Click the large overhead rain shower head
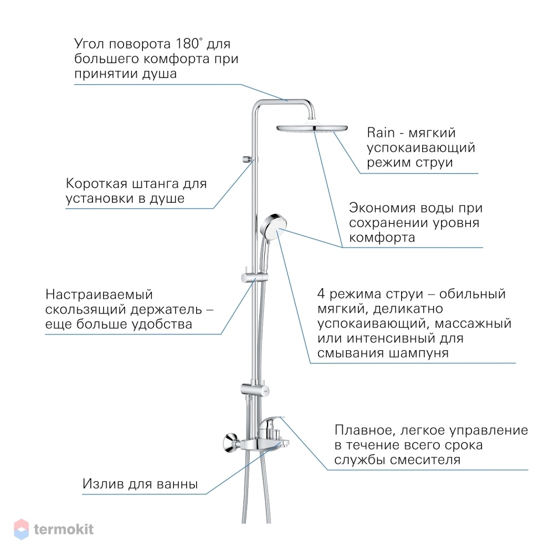(x=312, y=128)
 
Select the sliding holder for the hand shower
(x=254, y=278)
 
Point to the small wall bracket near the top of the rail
(x=248, y=159)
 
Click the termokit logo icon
(x=21, y=529)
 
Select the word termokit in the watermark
(x=64, y=529)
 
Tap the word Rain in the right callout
(x=381, y=133)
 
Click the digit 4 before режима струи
(x=321, y=293)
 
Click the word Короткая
(x=96, y=183)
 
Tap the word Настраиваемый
(x=99, y=295)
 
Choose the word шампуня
(x=419, y=353)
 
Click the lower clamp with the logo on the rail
(x=255, y=389)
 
